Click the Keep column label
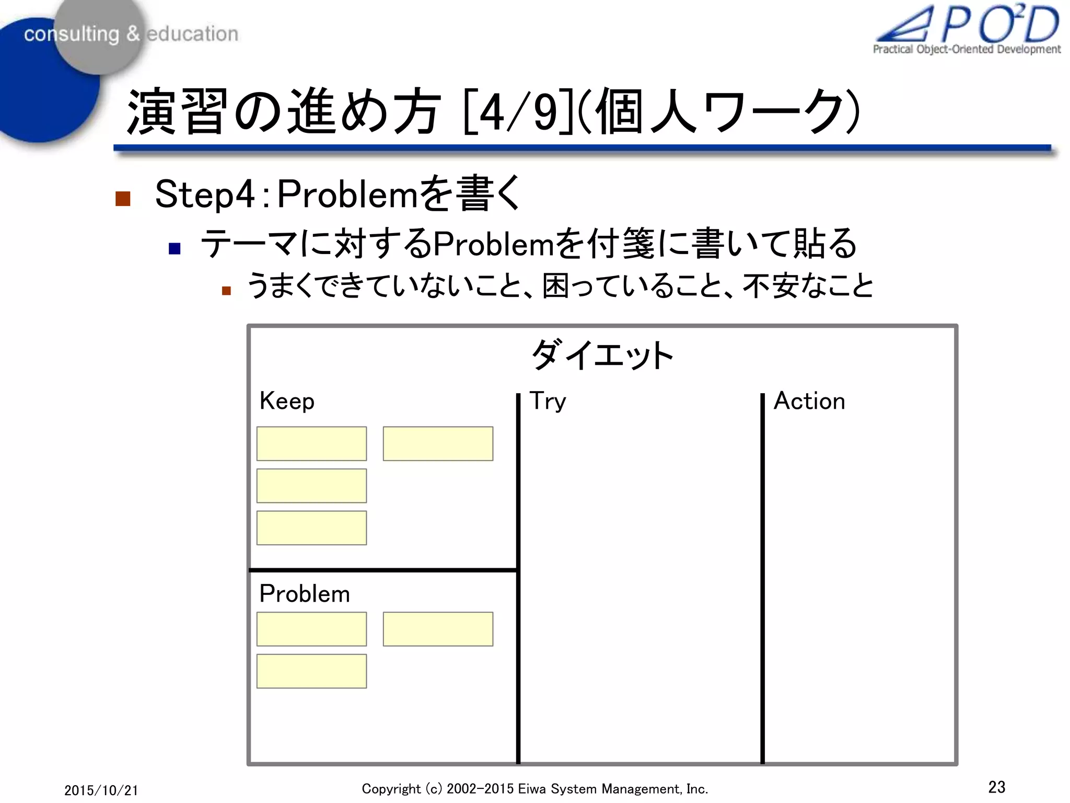click(x=287, y=401)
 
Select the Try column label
click(x=548, y=401)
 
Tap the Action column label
click(x=809, y=401)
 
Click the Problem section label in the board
click(x=305, y=594)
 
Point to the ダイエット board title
click(x=602, y=355)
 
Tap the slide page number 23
click(x=997, y=787)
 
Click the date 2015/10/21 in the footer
click(x=101, y=790)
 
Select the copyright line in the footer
click(x=534, y=789)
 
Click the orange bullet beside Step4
click(x=123, y=199)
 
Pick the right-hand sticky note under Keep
click(x=438, y=443)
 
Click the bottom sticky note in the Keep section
click(x=311, y=528)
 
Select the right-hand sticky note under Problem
click(x=438, y=629)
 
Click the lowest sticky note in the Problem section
click(x=311, y=671)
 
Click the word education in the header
click(x=192, y=34)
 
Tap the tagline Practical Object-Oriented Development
click(x=967, y=49)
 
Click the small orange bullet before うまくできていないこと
click(x=226, y=291)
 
